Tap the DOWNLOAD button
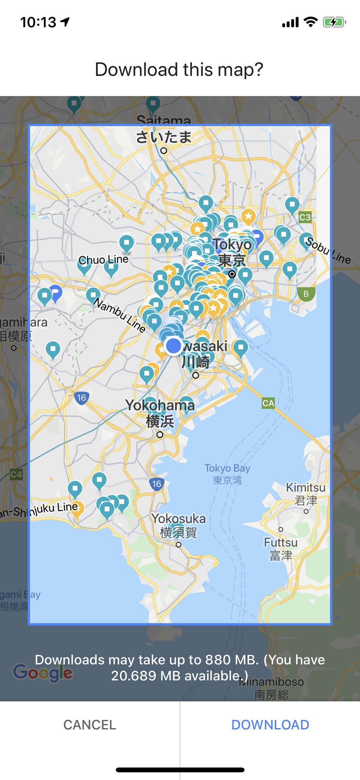pyautogui.click(x=270, y=725)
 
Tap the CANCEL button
pyautogui.click(x=90, y=725)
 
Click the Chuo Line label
pyautogui.click(x=103, y=259)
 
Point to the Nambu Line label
pyautogui.click(x=119, y=315)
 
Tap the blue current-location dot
pyautogui.click(x=173, y=346)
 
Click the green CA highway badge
pyautogui.click(x=268, y=403)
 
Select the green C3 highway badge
pyautogui.click(x=305, y=217)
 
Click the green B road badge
pyautogui.click(x=306, y=294)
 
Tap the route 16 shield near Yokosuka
pyautogui.click(x=156, y=484)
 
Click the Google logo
pyautogui.click(x=43, y=672)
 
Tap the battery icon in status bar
pyautogui.click(x=334, y=22)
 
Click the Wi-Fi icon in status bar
pyautogui.click(x=310, y=22)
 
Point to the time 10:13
pyautogui.click(x=38, y=22)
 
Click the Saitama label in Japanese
pyautogui.click(x=164, y=137)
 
